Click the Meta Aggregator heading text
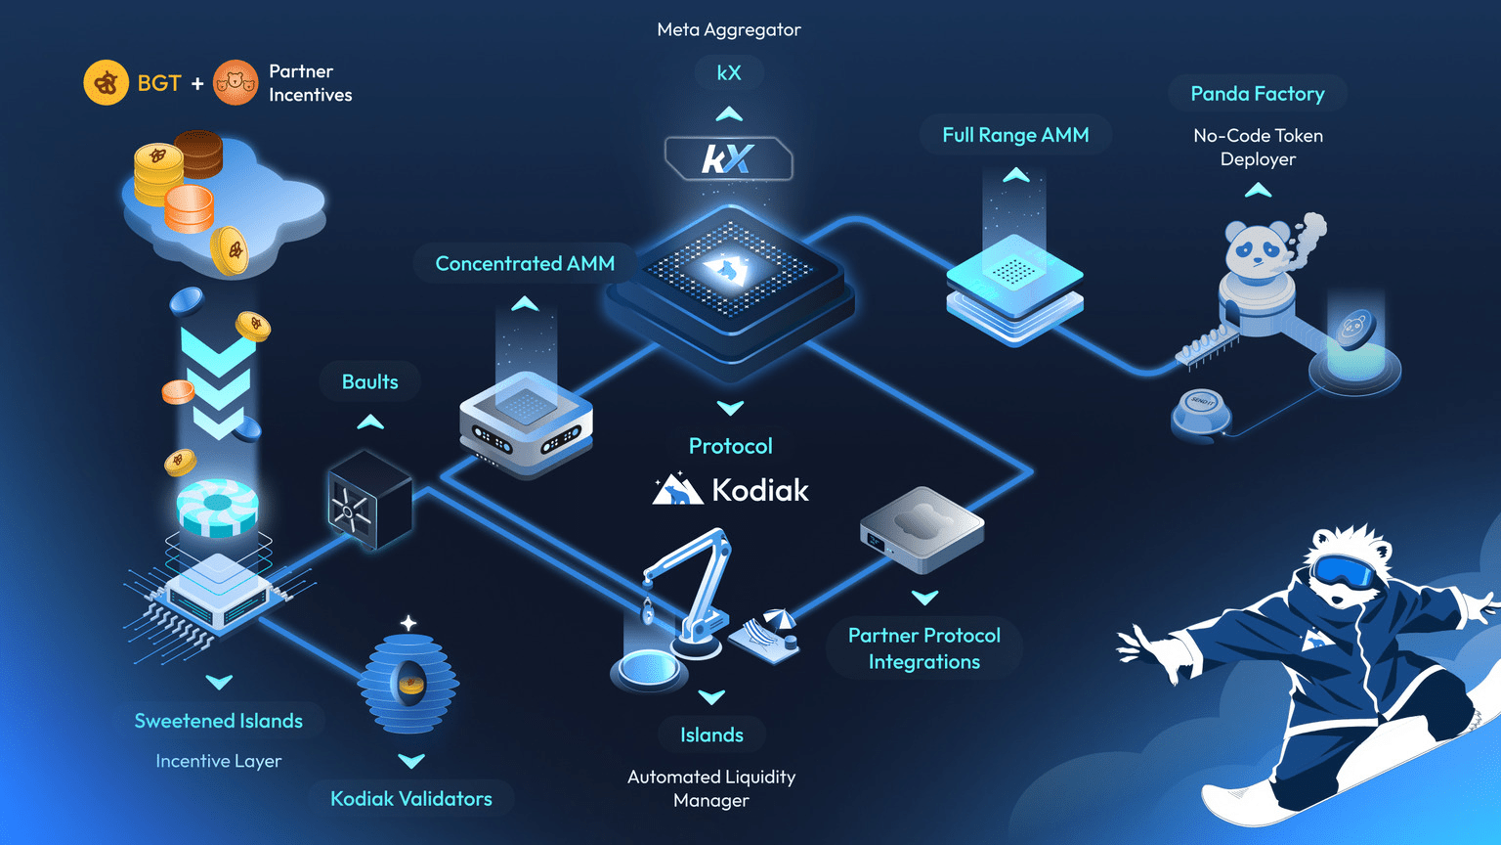(729, 29)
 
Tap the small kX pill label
(729, 72)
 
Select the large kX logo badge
(728, 158)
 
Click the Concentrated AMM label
(525, 263)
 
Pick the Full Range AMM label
(1015, 135)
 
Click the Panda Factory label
(1257, 94)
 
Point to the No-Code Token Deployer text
(1258, 148)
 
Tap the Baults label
(369, 381)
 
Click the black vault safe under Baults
(367, 500)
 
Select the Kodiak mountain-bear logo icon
(677, 489)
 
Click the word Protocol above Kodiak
(730, 446)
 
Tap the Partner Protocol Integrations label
(923, 648)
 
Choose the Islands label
(711, 734)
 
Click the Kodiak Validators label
(410, 798)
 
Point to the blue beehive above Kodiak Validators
(408, 684)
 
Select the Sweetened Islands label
(218, 721)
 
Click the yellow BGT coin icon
(106, 83)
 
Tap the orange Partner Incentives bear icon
(236, 83)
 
